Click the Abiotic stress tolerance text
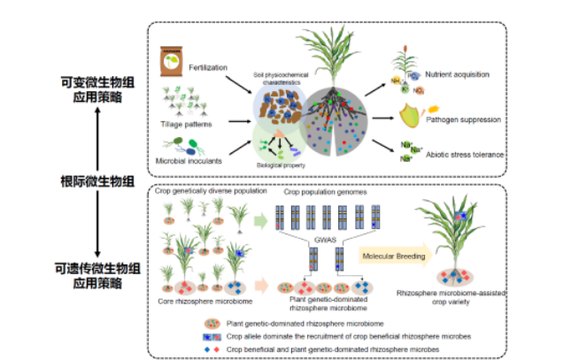[x=465, y=154]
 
